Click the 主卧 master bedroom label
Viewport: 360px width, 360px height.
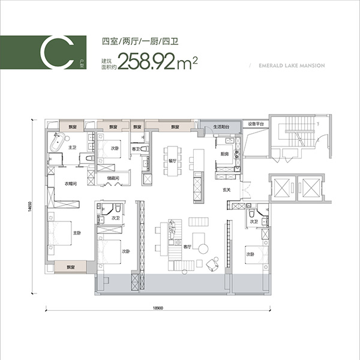pyautogui.click(x=77, y=233)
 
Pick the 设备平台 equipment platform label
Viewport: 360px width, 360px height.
pyautogui.click(x=257, y=124)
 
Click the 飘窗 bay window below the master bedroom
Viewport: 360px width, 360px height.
pyautogui.click(x=70, y=266)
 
